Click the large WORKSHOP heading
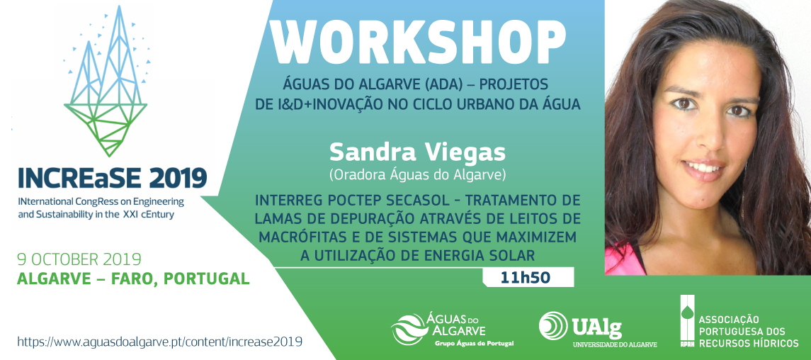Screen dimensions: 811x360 [418, 43]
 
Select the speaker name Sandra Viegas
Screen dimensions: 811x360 [417, 152]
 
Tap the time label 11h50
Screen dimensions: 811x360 [524, 278]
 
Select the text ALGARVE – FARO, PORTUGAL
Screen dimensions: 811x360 [133, 279]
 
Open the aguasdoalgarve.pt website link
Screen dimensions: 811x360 [160, 342]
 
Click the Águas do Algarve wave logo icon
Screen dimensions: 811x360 [409, 328]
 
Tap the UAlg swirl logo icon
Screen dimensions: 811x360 [553, 325]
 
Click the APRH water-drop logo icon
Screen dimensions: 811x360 [687, 322]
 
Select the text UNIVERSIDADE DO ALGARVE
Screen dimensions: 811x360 [615, 344]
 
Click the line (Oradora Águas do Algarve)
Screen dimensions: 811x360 [417, 175]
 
